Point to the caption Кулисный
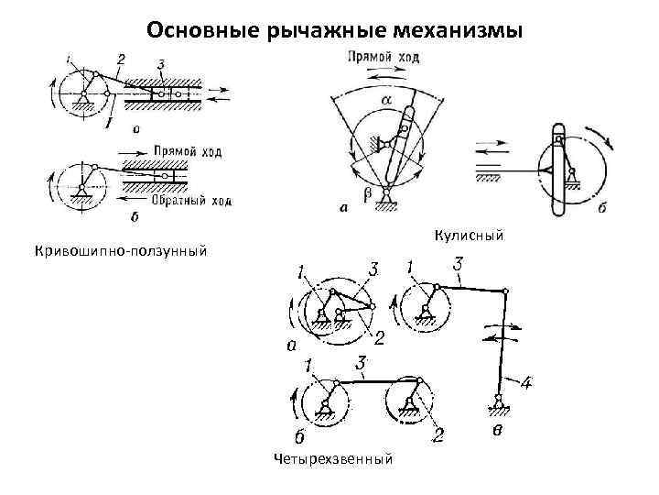coord(470,237)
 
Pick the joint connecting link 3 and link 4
coord(505,291)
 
